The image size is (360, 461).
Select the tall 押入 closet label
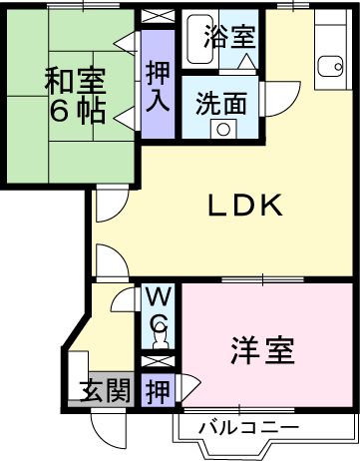point(157,86)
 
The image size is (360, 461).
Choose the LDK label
point(245,207)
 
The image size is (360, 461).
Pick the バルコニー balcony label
point(248,428)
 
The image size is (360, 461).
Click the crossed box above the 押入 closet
point(157,17)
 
